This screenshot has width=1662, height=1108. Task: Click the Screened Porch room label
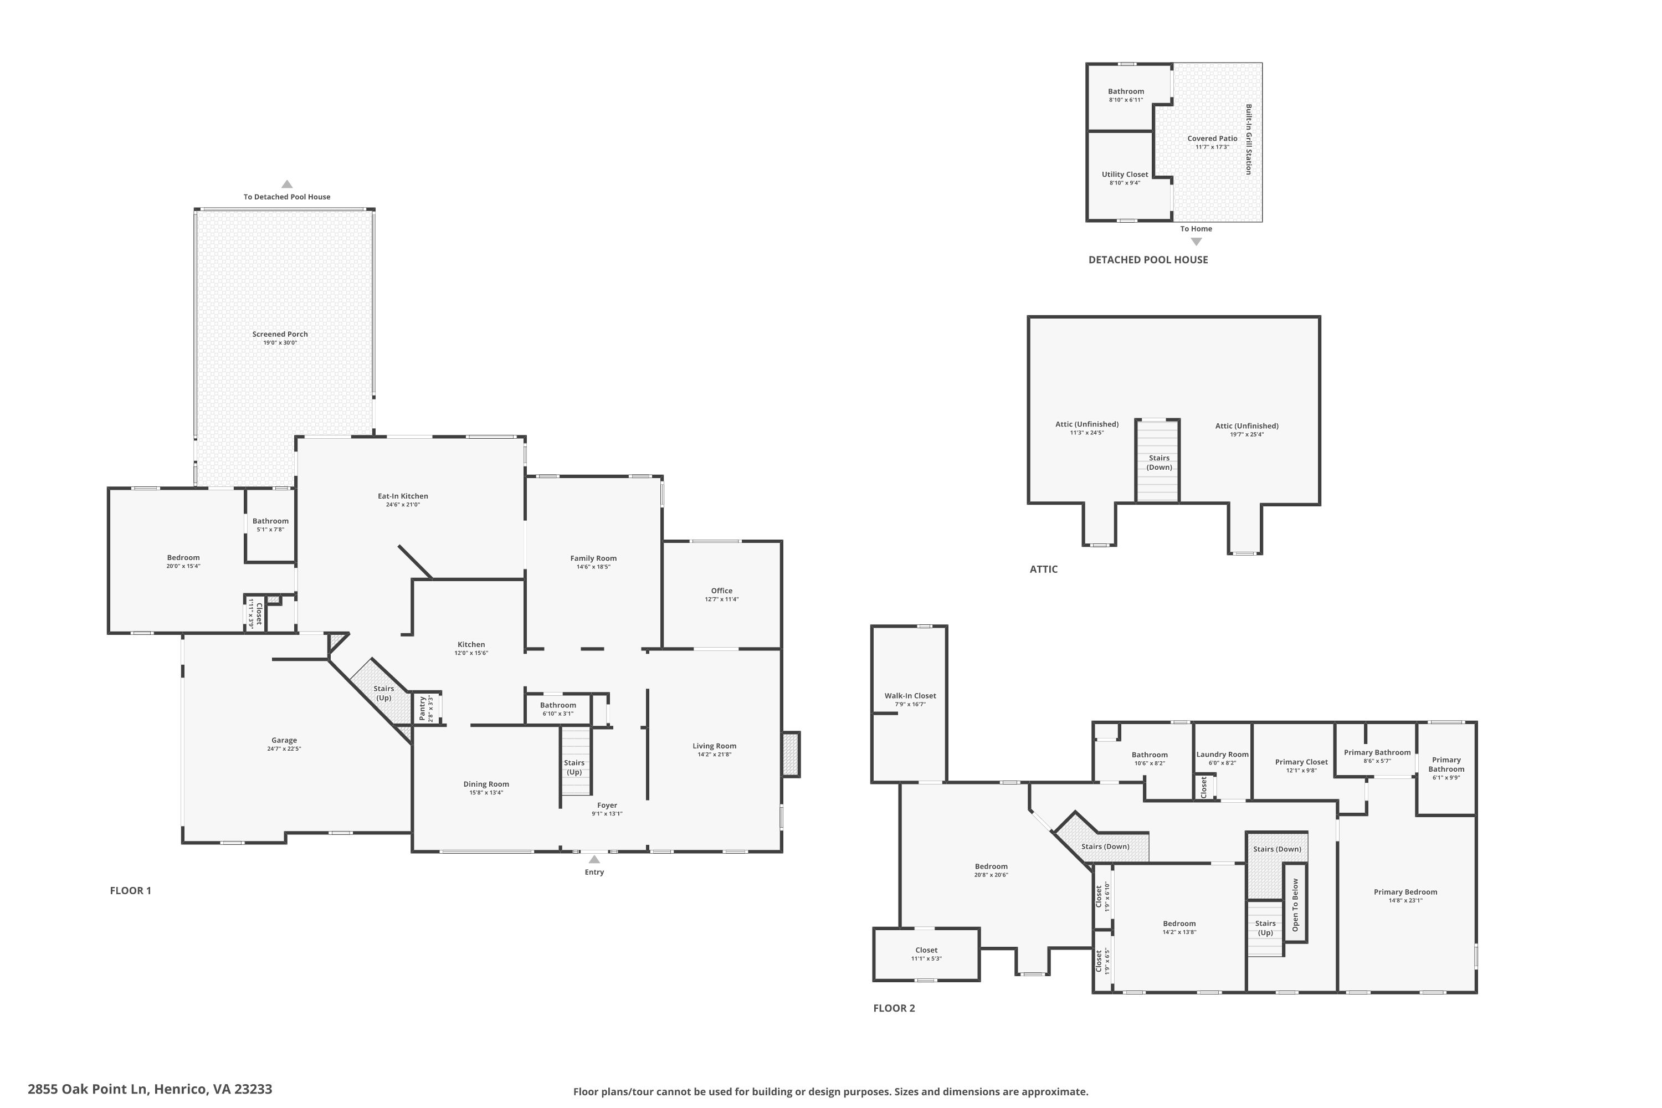coord(280,334)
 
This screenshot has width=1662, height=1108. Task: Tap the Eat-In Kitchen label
coord(403,496)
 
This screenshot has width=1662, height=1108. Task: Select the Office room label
coord(721,591)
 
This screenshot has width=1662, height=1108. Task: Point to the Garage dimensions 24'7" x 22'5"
coord(284,749)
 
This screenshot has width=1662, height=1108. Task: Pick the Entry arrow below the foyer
coord(594,859)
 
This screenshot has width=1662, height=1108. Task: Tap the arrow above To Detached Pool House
coord(287,184)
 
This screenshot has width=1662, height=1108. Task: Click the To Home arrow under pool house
coord(1196,242)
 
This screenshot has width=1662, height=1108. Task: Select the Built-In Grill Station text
coord(1249,140)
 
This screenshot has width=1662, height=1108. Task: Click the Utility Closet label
coord(1125,175)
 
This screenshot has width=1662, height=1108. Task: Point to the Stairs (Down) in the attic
coord(1159,462)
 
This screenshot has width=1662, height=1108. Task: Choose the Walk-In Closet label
coord(910,696)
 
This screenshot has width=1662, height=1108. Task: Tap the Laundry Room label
coord(1223,755)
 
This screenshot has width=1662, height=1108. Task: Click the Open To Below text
coord(1295,905)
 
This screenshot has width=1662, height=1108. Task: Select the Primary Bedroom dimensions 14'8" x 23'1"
coord(1405,901)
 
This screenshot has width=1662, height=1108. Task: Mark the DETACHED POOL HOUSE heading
coord(1148,260)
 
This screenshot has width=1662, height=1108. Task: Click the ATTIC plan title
coord(1044,570)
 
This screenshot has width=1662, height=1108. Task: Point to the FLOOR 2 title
coord(894,1008)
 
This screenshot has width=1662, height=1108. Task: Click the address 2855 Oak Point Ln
coord(88,1089)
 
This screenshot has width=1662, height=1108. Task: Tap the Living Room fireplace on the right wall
coord(791,755)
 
